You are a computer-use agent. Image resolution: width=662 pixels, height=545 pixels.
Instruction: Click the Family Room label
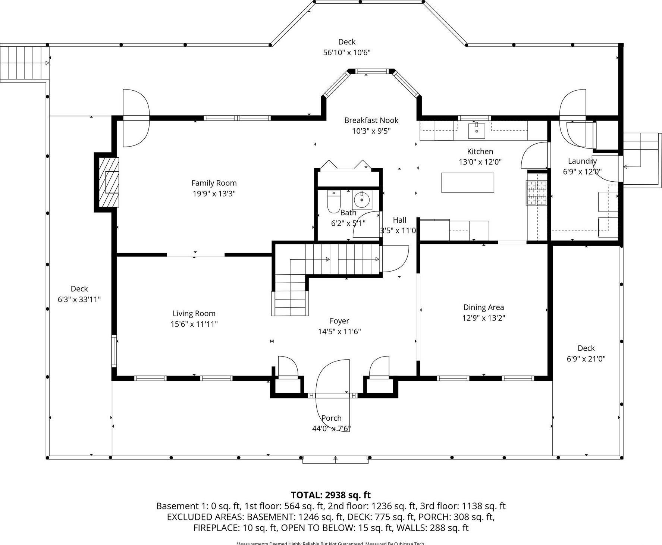pos(214,183)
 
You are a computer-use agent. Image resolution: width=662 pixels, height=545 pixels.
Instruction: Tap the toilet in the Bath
pos(333,202)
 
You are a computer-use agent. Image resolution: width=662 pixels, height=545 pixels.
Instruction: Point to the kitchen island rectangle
pos(467,182)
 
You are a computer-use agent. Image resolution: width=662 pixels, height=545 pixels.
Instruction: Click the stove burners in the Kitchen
pos(536,192)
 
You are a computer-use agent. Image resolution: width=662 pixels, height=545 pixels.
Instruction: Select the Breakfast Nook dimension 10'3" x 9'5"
pos(371,131)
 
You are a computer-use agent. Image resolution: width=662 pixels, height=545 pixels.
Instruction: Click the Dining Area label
pos(483,307)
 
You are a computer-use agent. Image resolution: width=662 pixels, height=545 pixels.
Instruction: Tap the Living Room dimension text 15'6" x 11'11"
pos(194,324)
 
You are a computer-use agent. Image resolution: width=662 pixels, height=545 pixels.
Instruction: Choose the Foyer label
pos(339,321)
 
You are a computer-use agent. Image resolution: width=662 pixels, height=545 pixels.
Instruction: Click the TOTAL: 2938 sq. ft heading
pos(330,495)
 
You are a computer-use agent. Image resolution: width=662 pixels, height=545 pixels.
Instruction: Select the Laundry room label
pos(582,161)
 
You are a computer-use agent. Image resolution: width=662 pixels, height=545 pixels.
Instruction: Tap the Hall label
pos(399,220)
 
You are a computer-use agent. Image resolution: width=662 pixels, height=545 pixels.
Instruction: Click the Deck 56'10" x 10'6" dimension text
pos(346,53)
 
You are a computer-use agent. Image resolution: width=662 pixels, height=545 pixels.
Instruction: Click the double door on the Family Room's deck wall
pos(136,118)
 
